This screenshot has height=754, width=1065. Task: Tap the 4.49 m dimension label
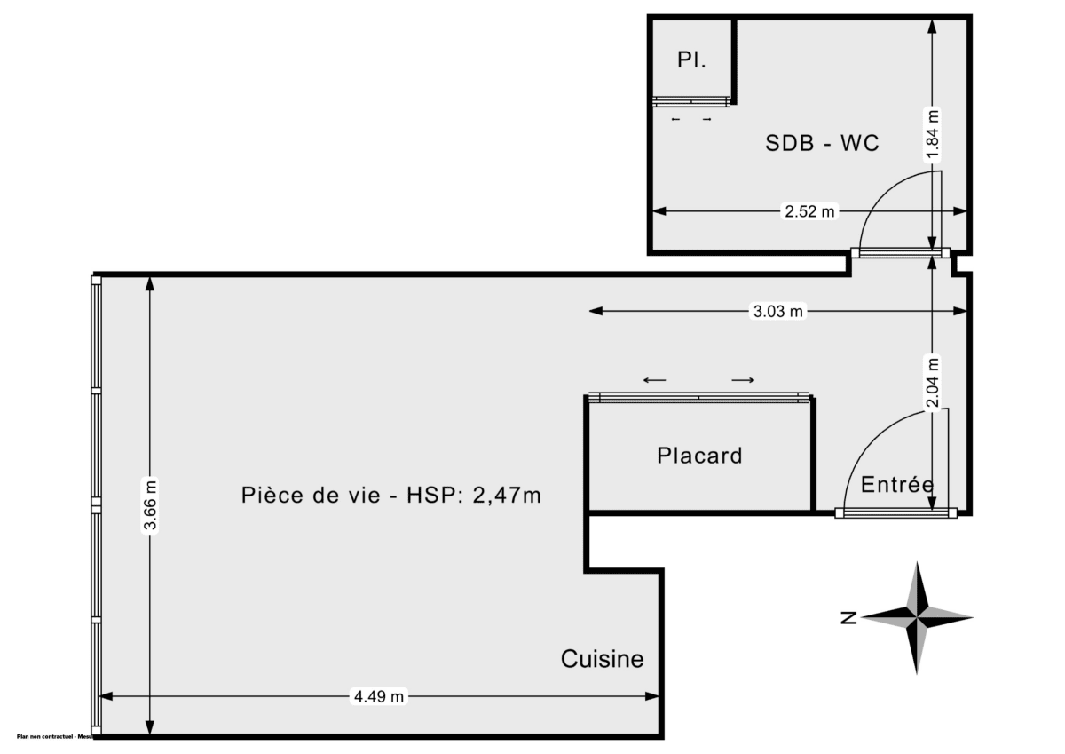pos(379,697)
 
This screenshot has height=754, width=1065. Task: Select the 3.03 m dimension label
pos(778,311)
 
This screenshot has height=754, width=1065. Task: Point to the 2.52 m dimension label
pos(809,211)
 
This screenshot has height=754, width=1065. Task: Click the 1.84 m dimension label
pos(931,133)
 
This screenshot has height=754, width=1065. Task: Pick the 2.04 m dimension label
pos(931,383)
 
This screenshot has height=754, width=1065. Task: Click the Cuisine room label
pos(602,659)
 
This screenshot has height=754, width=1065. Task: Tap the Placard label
pos(699,456)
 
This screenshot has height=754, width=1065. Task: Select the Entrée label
pos(896,485)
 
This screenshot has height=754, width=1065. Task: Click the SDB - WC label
pos(822,143)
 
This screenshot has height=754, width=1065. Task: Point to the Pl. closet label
pos(691,61)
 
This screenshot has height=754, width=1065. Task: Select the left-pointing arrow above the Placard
pos(655,380)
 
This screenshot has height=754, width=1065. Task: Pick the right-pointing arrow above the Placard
pos(743,380)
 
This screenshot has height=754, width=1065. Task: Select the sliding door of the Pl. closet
pos(691,101)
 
